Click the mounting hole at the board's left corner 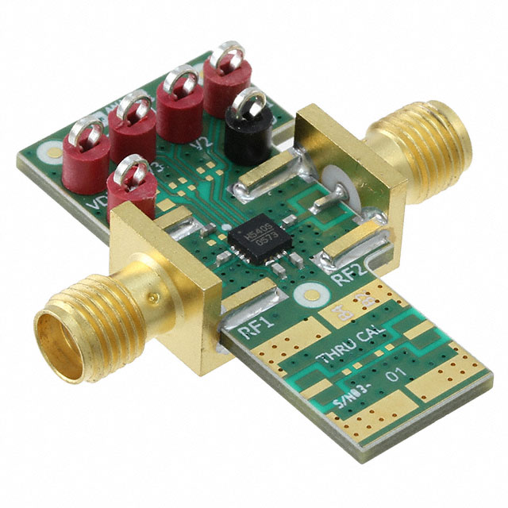click(x=50, y=149)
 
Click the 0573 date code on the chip click(x=256, y=244)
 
